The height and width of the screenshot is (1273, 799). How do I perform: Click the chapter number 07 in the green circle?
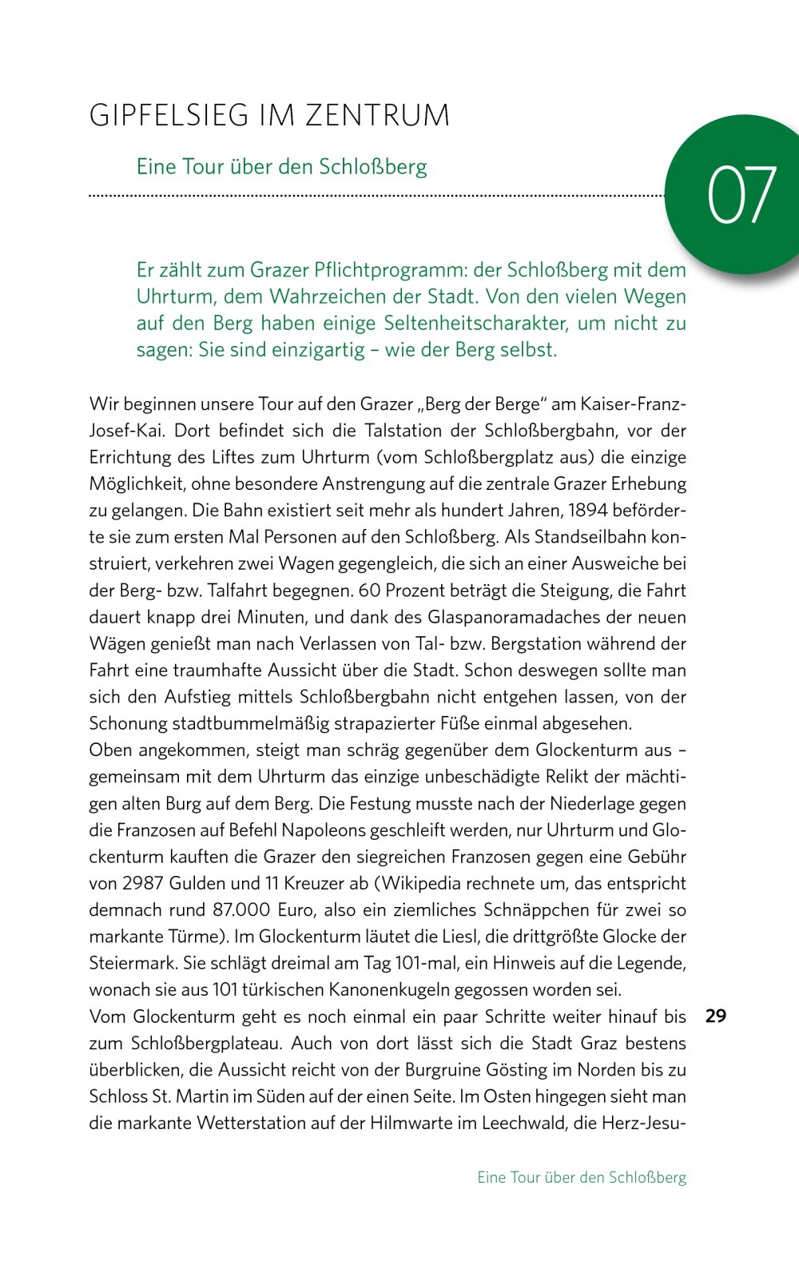[741, 195]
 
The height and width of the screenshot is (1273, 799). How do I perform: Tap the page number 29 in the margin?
[715, 1016]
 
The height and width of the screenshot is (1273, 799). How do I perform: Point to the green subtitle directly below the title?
[281, 166]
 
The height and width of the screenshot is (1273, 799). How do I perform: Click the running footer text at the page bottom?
[581, 1177]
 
